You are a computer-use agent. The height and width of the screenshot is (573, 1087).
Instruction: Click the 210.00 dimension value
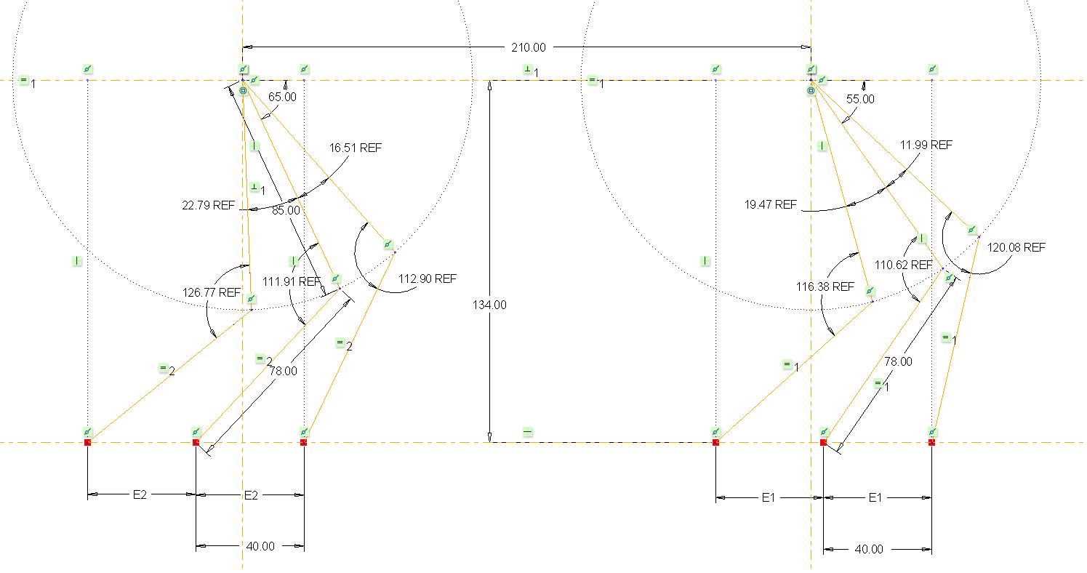pyautogui.click(x=528, y=47)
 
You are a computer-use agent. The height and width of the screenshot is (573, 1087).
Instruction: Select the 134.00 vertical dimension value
pyautogui.click(x=489, y=305)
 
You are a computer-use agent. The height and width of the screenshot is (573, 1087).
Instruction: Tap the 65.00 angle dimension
pyautogui.click(x=282, y=97)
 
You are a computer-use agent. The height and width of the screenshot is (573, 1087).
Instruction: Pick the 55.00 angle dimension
pyautogui.click(x=860, y=99)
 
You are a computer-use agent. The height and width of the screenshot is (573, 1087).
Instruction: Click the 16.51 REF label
pyautogui.click(x=356, y=148)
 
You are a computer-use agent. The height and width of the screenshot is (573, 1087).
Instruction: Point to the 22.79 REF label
pyautogui.click(x=208, y=205)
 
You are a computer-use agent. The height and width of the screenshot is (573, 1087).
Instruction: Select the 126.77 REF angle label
pyautogui.click(x=211, y=292)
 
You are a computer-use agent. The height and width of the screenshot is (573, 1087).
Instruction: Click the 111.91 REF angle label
pyautogui.click(x=291, y=281)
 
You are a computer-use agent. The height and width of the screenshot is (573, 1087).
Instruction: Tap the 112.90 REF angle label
pyautogui.click(x=427, y=279)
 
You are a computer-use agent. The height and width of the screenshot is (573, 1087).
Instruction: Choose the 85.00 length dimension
pyautogui.click(x=286, y=210)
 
